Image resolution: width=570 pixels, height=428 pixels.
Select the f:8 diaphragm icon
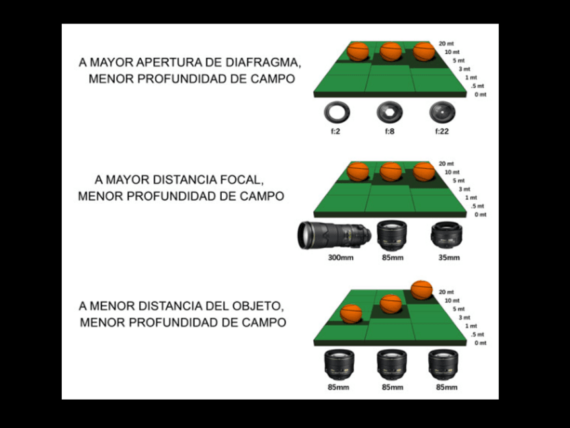[389, 111]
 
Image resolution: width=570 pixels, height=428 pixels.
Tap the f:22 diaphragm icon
[441, 111]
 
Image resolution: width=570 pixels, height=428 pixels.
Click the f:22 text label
[441, 131]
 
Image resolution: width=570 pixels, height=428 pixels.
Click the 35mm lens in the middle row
[444, 236]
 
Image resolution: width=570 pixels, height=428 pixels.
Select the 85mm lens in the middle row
[391, 236]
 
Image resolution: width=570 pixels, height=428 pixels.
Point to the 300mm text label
[337, 257]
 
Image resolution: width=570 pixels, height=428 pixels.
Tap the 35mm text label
[448, 257]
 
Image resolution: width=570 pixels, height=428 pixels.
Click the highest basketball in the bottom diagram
[421, 289]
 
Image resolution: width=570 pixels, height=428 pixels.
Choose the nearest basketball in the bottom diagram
[351, 314]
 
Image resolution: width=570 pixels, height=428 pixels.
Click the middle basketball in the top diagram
[391, 52]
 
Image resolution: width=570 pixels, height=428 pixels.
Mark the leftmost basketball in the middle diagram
[358, 172]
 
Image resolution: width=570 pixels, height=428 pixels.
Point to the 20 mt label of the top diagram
[446, 43]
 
